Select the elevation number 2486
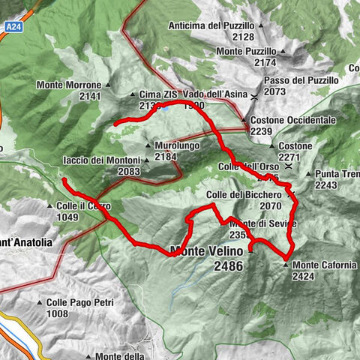228,266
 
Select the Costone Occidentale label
292,120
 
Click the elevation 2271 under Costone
289,157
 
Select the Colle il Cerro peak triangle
49,205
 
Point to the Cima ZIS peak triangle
133,95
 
